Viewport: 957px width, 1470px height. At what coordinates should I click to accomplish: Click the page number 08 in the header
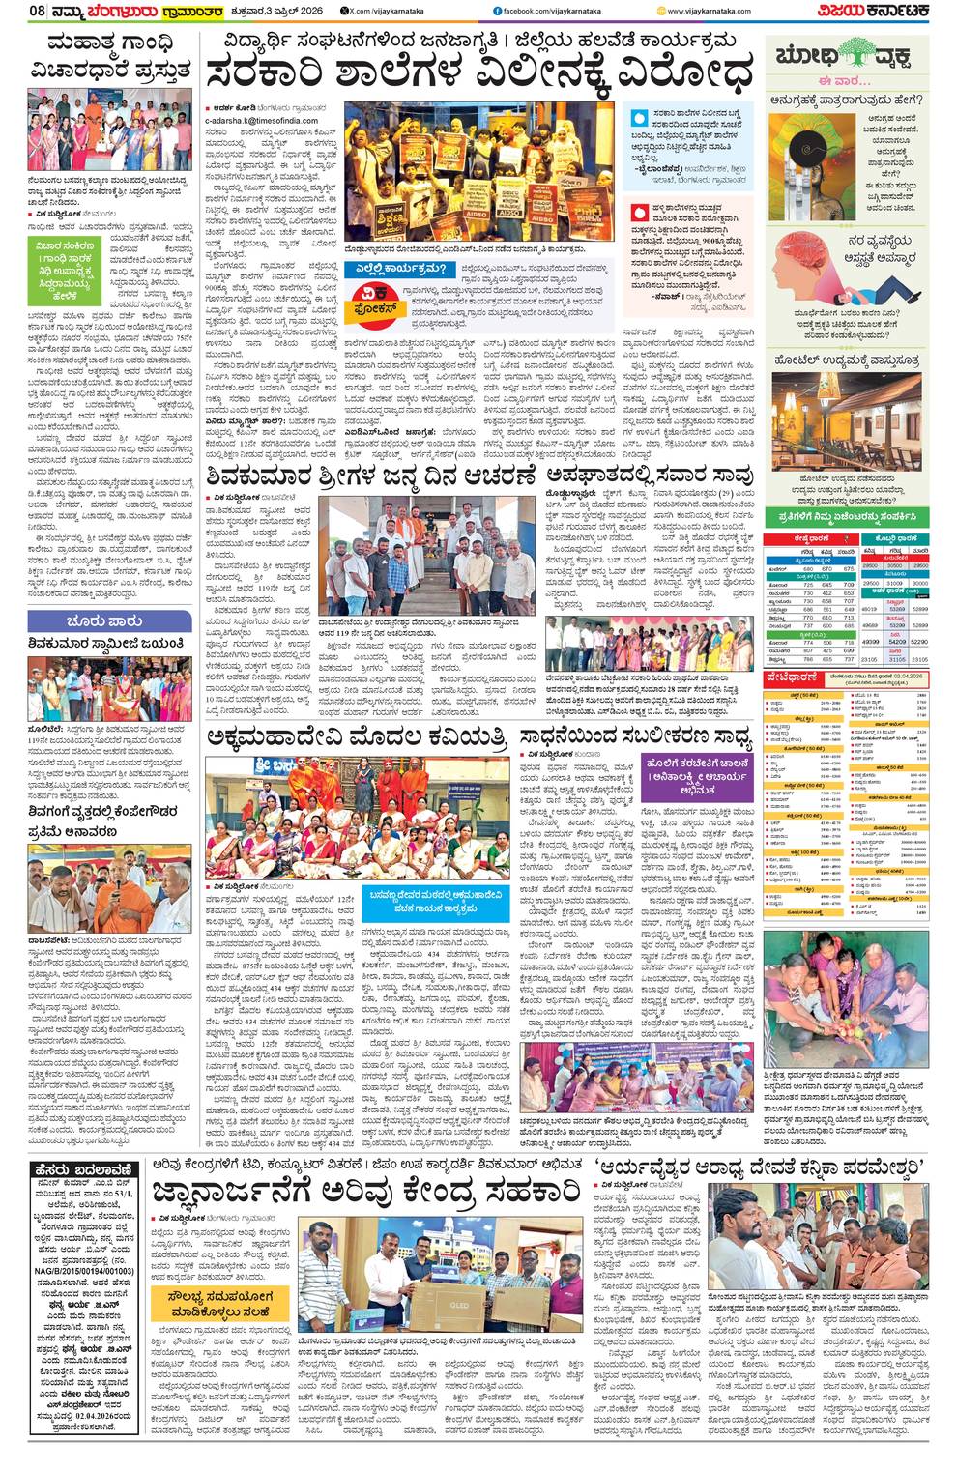pos(14,11)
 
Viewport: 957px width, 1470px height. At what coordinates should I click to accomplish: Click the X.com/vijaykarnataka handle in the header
pos(362,11)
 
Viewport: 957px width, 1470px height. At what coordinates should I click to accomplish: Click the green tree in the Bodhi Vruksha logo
pos(859,54)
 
